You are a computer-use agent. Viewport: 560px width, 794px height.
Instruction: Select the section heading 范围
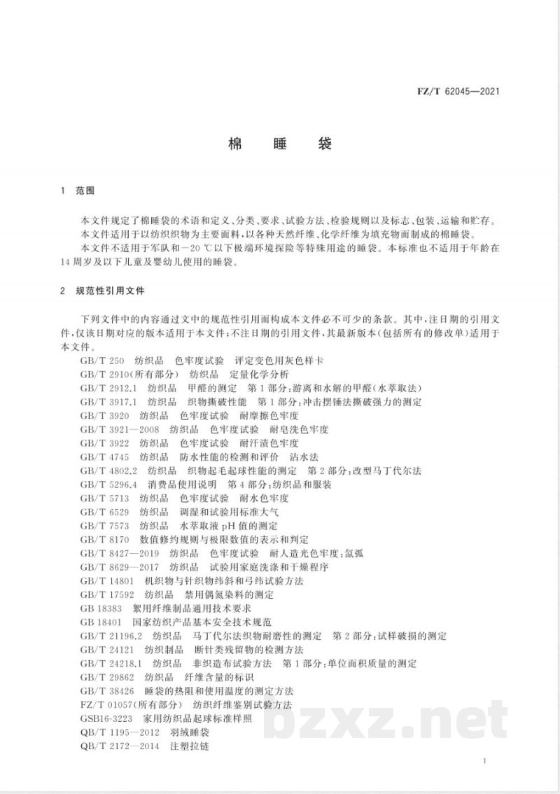[85, 190]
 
